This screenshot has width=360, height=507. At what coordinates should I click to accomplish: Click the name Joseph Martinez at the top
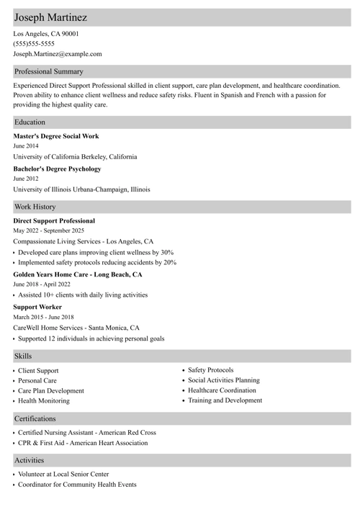[50, 17]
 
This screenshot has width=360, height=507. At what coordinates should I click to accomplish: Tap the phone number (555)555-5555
[34, 43]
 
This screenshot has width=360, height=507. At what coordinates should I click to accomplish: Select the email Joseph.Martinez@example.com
[58, 53]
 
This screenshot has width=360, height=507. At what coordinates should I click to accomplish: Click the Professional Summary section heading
[49, 71]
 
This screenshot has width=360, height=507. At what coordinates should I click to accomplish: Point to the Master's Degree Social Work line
[56, 136]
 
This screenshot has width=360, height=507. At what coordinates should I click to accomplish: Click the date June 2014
[26, 145]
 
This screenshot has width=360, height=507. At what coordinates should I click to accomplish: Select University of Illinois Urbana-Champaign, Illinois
[81, 189]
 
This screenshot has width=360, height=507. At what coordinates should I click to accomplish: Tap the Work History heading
[35, 207]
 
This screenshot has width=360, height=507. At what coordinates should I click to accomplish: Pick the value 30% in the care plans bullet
[167, 253]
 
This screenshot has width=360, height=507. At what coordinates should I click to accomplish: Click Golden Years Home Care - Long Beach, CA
[78, 274]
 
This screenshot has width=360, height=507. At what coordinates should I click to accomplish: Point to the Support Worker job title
[37, 307]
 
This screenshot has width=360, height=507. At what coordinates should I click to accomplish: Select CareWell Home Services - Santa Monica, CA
[76, 328]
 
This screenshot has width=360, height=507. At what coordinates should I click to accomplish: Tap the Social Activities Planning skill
[224, 380]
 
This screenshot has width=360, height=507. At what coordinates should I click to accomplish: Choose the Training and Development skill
[225, 400]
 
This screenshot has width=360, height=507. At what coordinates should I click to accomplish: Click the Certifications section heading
[35, 418]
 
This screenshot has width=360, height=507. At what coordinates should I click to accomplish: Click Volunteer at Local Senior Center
[63, 475]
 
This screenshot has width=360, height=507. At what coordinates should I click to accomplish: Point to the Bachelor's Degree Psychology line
[57, 169]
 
